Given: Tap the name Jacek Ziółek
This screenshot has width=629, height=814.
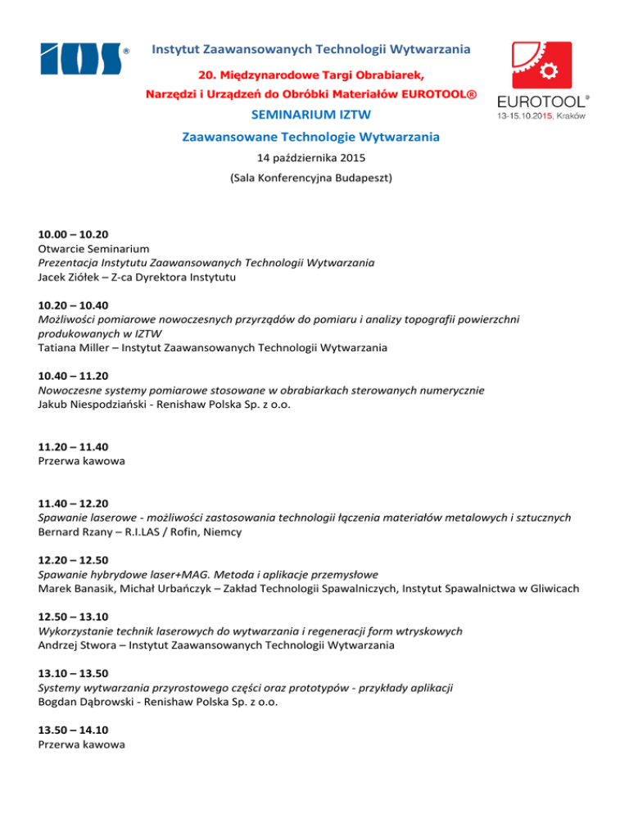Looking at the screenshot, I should (72, 277).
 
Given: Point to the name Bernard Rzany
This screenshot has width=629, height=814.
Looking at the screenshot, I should (75, 533).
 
